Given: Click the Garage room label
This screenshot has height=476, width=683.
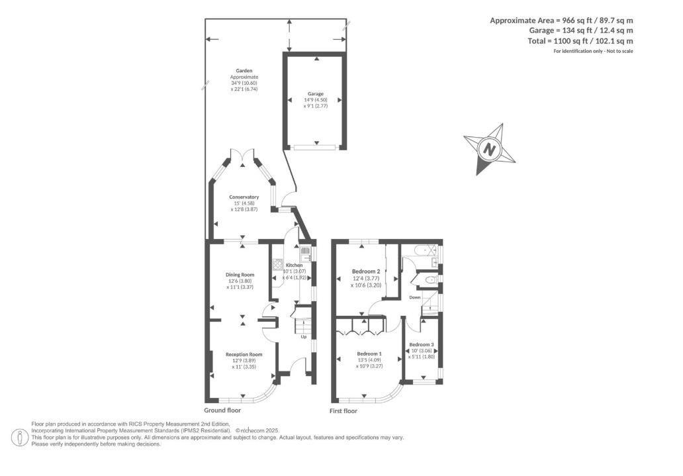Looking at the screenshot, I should coord(315,94).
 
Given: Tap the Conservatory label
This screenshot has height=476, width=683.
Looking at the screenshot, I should coord(244,197).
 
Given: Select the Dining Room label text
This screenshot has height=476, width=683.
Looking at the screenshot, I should coord(240,274).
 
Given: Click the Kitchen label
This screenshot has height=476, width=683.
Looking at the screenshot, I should coord(294,265).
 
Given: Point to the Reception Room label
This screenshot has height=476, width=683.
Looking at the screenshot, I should coord(244,354).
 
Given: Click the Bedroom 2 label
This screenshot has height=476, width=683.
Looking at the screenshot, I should coord(365,271).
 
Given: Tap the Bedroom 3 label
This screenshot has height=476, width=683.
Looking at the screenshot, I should coord(421,345).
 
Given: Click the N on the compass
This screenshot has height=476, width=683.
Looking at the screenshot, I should coord(489,149).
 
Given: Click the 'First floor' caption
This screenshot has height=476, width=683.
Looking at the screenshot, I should coord(343,411).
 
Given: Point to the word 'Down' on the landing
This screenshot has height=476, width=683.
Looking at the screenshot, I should coord(415,297).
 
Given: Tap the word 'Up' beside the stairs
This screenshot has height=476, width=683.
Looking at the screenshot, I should coord(304,336).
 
